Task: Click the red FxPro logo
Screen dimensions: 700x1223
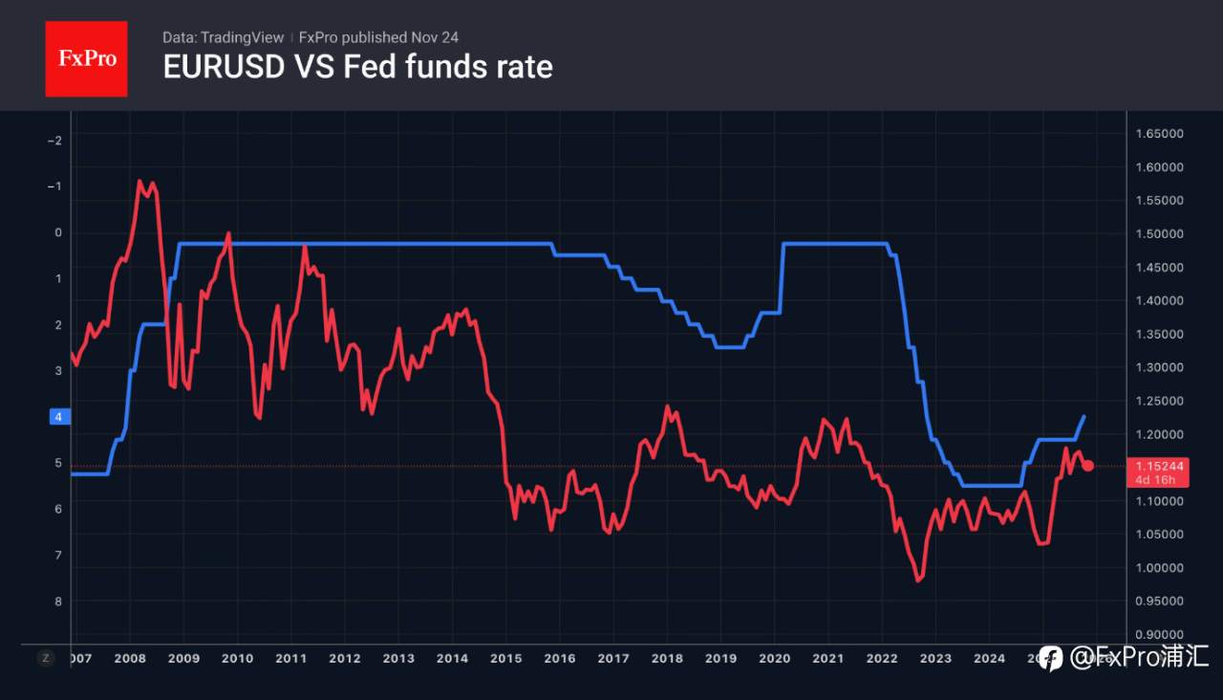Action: coord(86,58)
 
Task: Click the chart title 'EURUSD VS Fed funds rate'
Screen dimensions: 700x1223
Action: coord(357,67)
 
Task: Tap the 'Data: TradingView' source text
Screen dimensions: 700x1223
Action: coord(223,37)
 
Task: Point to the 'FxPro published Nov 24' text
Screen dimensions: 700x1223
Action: coord(378,37)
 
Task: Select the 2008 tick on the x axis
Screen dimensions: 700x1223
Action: coord(130,658)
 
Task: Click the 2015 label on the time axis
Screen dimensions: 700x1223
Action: coord(505,658)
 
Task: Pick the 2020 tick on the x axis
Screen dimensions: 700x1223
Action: coord(774,658)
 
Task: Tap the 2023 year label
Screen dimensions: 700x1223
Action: coord(935,658)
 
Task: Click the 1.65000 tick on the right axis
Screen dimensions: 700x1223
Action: coord(1159,134)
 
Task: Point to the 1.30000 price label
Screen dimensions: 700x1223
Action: coord(1159,367)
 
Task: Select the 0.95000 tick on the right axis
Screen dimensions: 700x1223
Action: coord(1159,602)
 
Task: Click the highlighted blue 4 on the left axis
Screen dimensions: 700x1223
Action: coord(58,417)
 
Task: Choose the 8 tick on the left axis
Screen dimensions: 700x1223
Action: coord(58,602)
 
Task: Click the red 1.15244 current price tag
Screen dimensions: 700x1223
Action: coord(1159,466)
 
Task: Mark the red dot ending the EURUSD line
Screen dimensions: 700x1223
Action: coord(1087,465)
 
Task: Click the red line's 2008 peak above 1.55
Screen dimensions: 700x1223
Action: coord(140,181)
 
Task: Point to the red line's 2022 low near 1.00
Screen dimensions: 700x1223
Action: coord(918,580)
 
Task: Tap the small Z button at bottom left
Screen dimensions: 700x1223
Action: coord(45,658)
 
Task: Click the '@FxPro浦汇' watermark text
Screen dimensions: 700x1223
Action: coord(1139,657)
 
